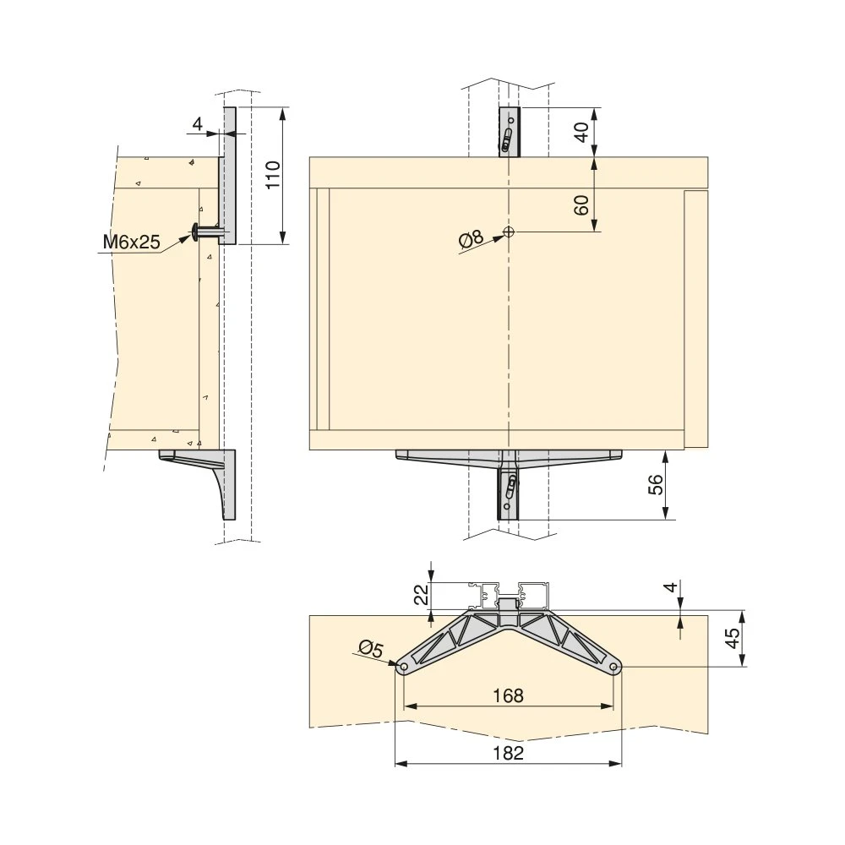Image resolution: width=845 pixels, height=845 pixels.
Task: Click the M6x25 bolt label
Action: coord(131,243)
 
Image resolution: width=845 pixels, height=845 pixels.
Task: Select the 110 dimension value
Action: coord(273,175)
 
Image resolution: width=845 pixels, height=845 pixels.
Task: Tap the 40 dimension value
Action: coord(581,132)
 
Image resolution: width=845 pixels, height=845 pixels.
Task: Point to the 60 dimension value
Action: coord(581,204)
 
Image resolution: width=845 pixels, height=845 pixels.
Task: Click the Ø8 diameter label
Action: coord(471,239)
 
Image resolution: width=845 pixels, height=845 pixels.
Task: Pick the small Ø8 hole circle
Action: coord(509,232)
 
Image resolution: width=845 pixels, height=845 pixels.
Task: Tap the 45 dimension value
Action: coord(733,638)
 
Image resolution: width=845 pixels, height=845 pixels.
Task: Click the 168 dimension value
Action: coord(507,695)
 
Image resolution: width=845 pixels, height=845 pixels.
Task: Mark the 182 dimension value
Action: coord(507,754)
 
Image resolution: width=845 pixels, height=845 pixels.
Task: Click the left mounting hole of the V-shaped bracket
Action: coord(403,667)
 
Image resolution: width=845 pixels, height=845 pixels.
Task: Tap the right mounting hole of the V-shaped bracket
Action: coord(614,667)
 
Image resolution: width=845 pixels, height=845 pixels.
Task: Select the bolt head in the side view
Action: coord(196,230)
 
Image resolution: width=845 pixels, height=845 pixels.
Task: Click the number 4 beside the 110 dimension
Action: coord(197,124)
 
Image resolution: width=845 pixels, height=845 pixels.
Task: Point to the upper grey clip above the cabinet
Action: coord(508,133)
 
